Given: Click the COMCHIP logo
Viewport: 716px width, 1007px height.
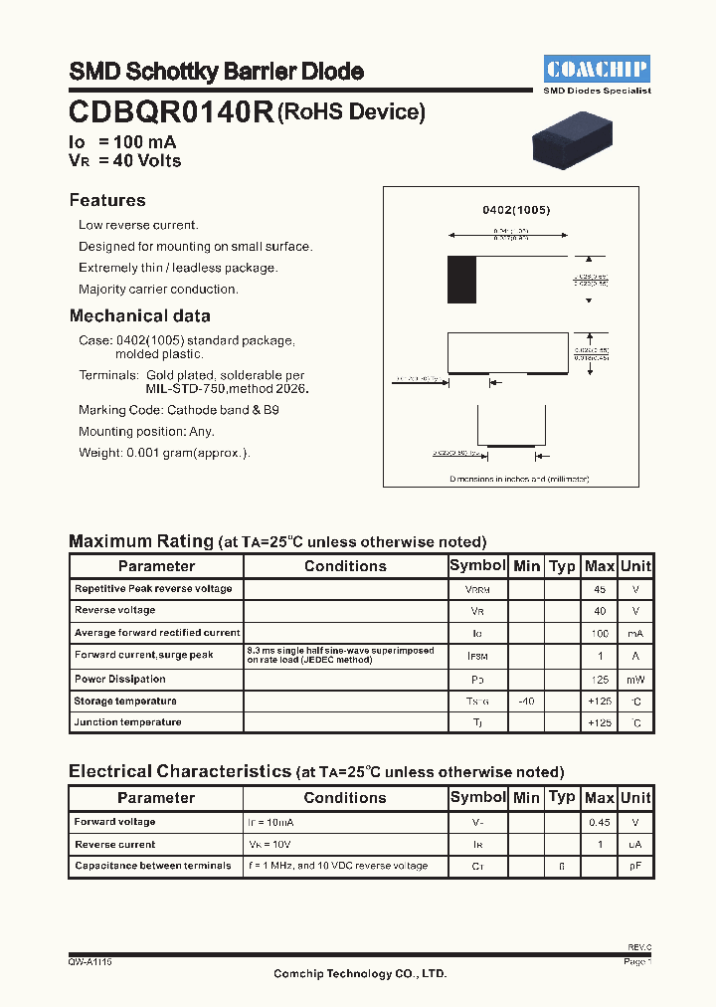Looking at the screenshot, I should [598, 69].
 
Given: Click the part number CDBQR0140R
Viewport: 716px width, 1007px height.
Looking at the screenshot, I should [171, 112].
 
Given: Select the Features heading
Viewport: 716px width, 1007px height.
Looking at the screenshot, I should [107, 200].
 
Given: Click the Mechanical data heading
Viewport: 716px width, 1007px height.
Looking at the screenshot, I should [139, 316].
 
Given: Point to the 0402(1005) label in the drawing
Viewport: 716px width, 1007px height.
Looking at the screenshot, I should [516, 210].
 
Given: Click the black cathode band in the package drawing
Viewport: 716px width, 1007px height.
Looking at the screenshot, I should [461, 279].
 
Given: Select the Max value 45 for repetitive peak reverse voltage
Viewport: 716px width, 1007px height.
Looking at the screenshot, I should [599, 589].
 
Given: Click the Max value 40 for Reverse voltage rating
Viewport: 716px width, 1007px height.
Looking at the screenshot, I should [599, 611].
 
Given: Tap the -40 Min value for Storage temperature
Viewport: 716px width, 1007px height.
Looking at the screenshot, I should [526, 702].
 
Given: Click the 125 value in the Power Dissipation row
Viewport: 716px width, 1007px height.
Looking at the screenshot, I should [599, 680].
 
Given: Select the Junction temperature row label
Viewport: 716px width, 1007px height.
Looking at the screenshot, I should [127, 722].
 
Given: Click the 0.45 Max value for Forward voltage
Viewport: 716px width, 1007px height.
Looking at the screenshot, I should [599, 822].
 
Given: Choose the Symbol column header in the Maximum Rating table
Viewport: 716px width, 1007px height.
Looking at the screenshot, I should [477, 565].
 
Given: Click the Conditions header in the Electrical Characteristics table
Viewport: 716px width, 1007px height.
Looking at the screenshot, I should [344, 798].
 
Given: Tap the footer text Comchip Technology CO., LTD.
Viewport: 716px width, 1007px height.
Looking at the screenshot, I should [360, 974].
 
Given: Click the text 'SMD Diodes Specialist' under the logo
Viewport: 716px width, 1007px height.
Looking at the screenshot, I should [598, 91].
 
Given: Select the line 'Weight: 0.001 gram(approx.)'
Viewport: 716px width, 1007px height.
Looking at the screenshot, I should [164, 453].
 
